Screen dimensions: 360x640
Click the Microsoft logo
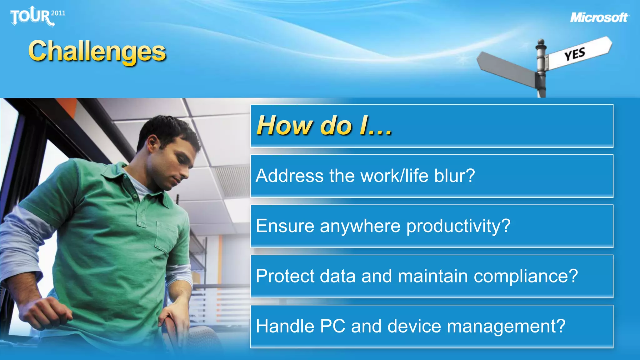599,17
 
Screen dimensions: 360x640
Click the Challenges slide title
97,52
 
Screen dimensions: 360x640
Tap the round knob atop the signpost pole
541,42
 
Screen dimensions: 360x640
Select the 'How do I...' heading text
324,126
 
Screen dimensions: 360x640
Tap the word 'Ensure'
285,226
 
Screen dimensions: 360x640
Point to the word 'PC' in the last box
332,326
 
